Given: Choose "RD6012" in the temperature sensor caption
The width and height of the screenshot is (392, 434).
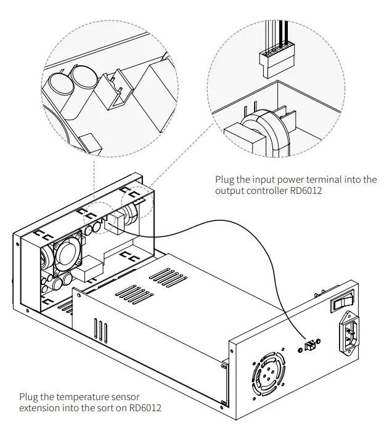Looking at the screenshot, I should point(151,408).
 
